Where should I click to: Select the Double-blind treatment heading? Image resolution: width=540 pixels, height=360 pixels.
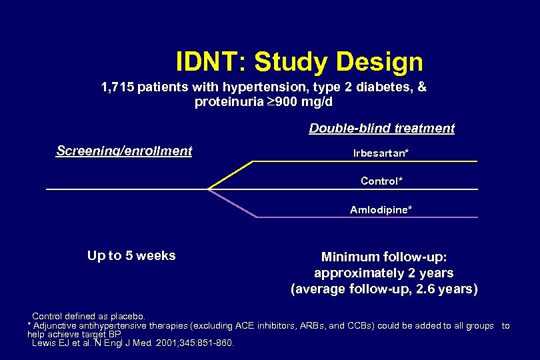tap(381, 129)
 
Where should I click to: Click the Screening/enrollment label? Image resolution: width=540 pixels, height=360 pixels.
tap(124, 151)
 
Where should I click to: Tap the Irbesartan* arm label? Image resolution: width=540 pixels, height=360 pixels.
tap(381, 153)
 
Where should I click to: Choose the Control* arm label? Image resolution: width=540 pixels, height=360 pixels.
tap(381, 181)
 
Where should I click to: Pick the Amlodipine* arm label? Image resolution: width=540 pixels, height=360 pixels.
tap(381, 210)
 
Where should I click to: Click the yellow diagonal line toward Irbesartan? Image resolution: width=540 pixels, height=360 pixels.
tap(230, 175)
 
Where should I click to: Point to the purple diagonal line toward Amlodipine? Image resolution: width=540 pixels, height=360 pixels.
tap(232, 203)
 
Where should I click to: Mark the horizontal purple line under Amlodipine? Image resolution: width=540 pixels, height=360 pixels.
tap(367, 217)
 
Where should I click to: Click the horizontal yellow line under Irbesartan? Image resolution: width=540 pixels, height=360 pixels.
tap(367, 161)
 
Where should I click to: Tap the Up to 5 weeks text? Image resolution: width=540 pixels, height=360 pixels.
tap(131, 256)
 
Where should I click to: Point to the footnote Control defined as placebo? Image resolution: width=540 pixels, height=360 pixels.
tap(88, 316)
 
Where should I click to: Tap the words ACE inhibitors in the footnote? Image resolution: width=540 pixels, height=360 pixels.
tap(266, 326)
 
